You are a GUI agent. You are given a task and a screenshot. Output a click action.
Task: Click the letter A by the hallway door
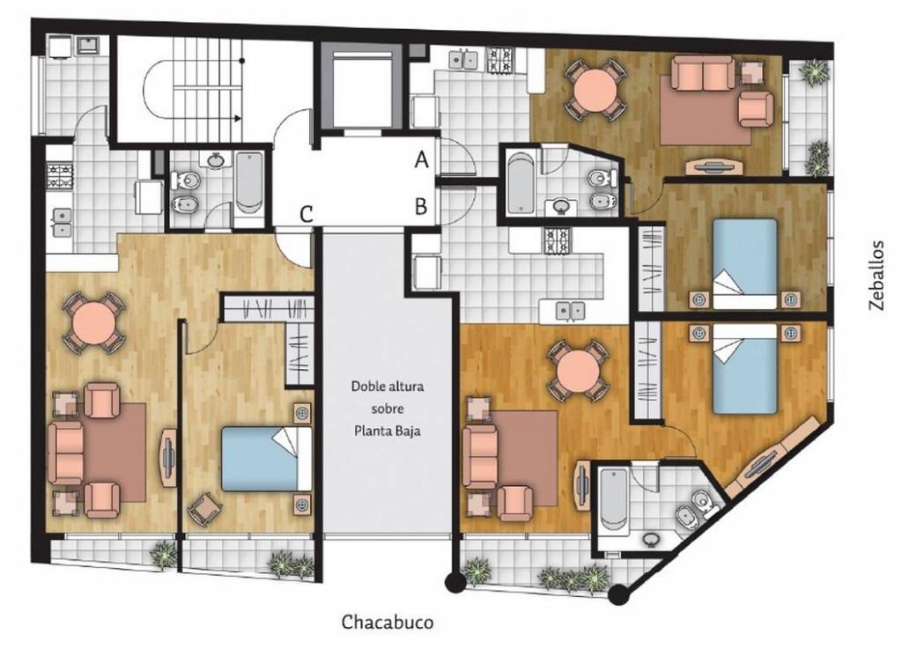(422, 160)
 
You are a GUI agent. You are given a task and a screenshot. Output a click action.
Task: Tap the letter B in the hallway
(421, 206)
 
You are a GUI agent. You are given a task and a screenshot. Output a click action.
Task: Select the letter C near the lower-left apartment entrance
(306, 215)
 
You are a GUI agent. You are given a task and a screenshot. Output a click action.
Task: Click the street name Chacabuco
(388, 622)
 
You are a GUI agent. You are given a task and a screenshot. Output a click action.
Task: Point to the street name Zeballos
(876, 276)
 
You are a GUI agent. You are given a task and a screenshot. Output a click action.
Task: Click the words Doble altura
(388, 386)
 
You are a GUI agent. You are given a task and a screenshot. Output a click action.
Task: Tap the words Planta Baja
(388, 431)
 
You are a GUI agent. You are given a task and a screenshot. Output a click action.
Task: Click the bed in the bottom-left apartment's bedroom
(267, 458)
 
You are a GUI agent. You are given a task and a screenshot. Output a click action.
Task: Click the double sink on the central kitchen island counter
(571, 311)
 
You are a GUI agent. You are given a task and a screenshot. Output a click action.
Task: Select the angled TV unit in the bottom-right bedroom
(768, 456)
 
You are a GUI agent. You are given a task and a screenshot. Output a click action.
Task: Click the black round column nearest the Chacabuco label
(455, 582)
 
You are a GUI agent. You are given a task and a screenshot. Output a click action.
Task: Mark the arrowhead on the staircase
(238, 119)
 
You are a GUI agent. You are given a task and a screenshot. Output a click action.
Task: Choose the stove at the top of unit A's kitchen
(500, 59)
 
